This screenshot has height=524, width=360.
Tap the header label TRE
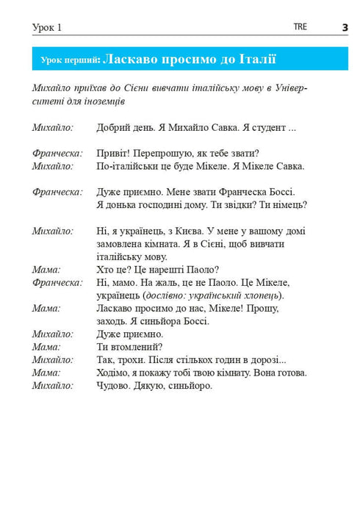pyautogui.click(x=300, y=26)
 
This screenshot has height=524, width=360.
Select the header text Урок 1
pyautogui.click(x=47, y=27)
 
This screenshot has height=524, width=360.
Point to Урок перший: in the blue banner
pyautogui.click(x=70, y=59)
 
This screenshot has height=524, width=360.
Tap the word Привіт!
pyautogui.click(x=114, y=153)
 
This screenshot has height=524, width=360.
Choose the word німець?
pyautogui.click(x=287, y=204)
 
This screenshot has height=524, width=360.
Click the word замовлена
pyautogui.click(x=123, y=243)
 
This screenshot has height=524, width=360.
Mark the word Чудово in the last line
pyautogui.click(x=114, y=385)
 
